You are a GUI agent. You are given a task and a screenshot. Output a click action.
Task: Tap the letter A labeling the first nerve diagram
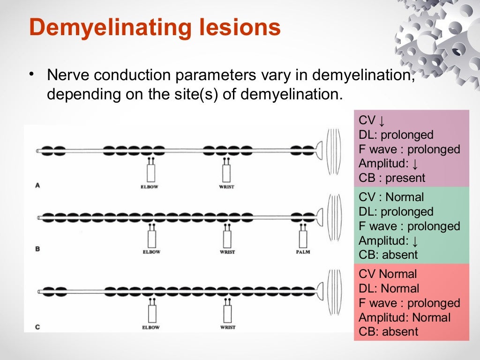click(37, 186)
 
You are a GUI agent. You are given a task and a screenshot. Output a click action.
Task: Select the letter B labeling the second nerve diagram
click(37, 249)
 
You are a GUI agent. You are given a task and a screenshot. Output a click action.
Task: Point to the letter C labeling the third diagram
click(37, 327)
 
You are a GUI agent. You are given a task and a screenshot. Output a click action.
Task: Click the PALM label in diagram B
click(303, 252)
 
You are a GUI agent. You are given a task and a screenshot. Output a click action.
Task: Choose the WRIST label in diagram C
click(227, 327)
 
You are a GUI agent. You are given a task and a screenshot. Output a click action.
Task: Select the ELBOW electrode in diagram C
click(151, 311)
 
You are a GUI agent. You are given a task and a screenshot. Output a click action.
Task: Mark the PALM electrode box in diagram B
click(303, 239)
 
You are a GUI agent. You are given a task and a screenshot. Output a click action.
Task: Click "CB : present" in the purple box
click(392, 178)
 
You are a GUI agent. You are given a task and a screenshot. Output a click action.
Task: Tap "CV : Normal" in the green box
click(391, 197)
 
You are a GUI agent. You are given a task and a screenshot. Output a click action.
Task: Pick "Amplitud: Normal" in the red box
click(404, 317)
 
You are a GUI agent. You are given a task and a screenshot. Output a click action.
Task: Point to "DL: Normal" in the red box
click(389, 288)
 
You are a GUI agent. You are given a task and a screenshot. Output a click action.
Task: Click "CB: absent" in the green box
click(388, 255)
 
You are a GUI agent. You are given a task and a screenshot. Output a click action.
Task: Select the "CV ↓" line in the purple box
click(372, 121)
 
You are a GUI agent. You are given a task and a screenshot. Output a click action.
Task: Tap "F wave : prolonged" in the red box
click(409, 303)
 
